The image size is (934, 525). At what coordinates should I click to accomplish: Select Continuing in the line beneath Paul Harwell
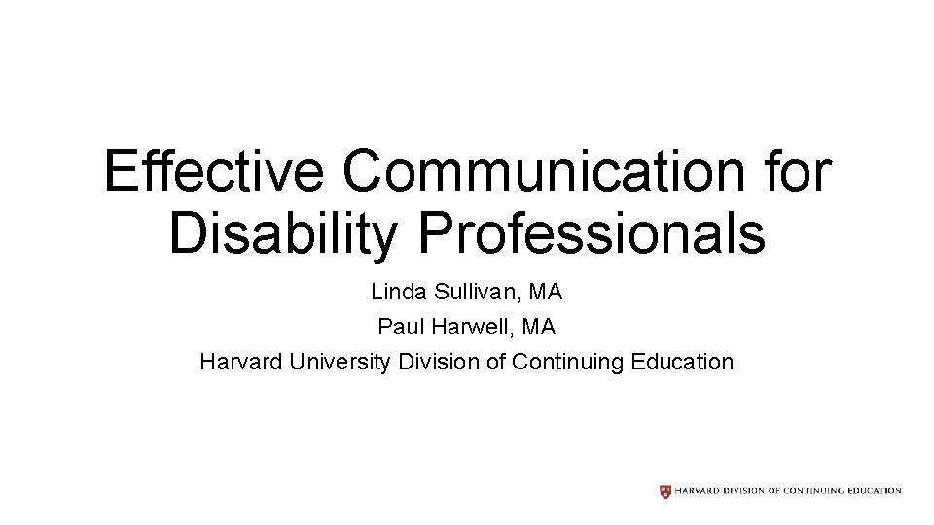click(x=568, y=363)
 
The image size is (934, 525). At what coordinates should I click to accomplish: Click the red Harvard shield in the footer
click(x=665, y=491)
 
